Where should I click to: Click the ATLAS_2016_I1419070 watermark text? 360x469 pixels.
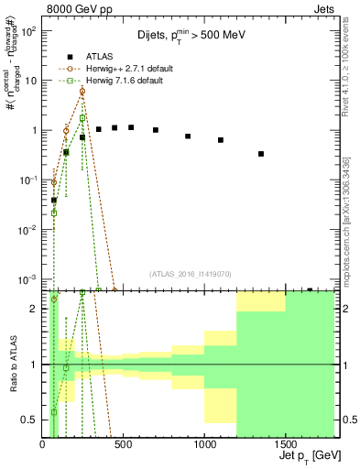[191, 273]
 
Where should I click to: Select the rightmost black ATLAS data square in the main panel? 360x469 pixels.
[261, 154]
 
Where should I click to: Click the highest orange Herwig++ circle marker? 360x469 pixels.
[82, 92]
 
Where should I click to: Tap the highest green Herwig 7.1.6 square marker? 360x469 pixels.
[82, 117]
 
